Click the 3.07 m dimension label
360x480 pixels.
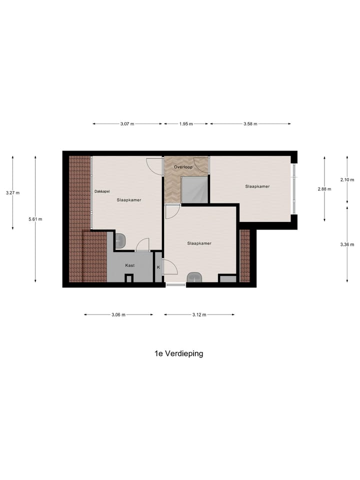[x=127, y=124]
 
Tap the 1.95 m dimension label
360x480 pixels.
[x=186, y=124]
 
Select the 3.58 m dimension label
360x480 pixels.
[x=250, y=124]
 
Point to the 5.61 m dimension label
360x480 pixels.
[x=35, y=219]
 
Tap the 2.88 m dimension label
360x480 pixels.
[x=324, y=189]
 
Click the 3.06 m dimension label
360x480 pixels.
[x=118, y=314]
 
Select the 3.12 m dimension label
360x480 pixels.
[x=199, y=314]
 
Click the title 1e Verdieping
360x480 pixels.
[x=179, y=353]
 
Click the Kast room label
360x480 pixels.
[x=129, y=265]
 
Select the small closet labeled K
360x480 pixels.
[x=158, y=267]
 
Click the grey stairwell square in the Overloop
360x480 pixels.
[x=194, y=189]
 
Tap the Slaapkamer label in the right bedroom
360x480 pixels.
[x=257, y=186]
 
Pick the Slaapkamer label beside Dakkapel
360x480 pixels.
[x=128, y=200]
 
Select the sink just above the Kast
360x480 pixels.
[x=120, y=241]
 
